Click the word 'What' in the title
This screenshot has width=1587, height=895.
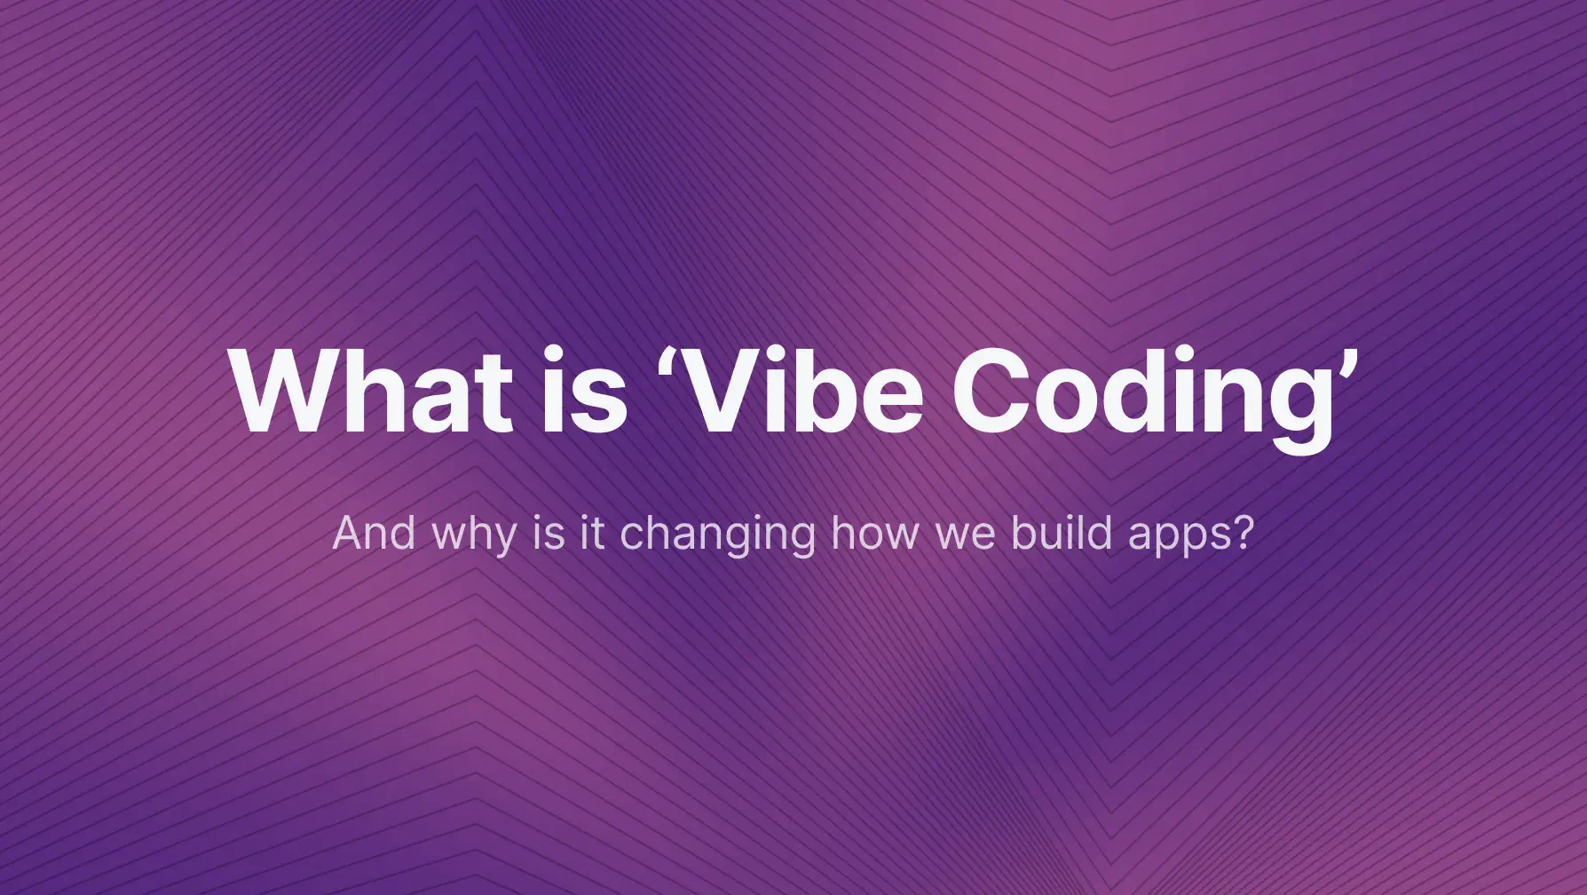tap(370, 391)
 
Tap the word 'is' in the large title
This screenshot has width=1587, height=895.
tap(583, 391)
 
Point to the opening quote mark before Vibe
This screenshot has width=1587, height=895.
tap(667, 360)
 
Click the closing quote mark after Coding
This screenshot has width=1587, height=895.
tap(1347, 360)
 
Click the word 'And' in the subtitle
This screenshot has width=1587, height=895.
tap(374, 533)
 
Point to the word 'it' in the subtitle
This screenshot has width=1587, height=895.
tap(592, 533)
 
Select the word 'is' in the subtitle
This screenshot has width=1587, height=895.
tap(549, 533)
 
